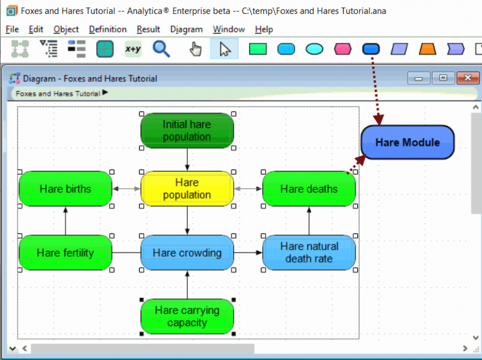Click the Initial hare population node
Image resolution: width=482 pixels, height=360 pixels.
pos(187,131)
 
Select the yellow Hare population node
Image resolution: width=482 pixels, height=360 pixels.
pos(187,189)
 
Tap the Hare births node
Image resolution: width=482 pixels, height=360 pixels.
pos(66,189)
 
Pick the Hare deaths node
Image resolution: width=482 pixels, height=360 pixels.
pos(309,189)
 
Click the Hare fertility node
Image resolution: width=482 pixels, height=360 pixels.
pos(66,253)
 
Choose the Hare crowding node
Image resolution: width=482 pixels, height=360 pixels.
pos(187,253)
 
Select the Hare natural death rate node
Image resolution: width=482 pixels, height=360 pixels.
pos(309,253)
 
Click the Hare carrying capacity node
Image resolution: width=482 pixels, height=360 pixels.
pos(187,317)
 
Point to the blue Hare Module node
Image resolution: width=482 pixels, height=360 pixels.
pos(408,142)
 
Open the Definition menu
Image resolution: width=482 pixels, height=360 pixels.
pos(108,29)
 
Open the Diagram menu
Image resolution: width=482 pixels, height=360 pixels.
pos(186,29)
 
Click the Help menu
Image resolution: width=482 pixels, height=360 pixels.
pos(264,29)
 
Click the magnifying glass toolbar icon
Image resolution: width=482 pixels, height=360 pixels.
pos(161,49)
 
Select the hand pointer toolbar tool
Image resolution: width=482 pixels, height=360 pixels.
pos(195,49)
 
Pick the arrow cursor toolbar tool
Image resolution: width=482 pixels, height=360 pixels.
pos(224,49)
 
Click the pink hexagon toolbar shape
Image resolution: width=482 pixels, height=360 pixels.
pos(342,49)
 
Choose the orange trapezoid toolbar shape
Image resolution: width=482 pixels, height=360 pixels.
pos(427,49)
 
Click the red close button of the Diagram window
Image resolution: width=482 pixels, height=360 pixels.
pos(468,78)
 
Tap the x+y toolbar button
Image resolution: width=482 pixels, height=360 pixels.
pos(133,49)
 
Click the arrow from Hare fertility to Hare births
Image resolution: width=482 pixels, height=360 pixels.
pos(66,221)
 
